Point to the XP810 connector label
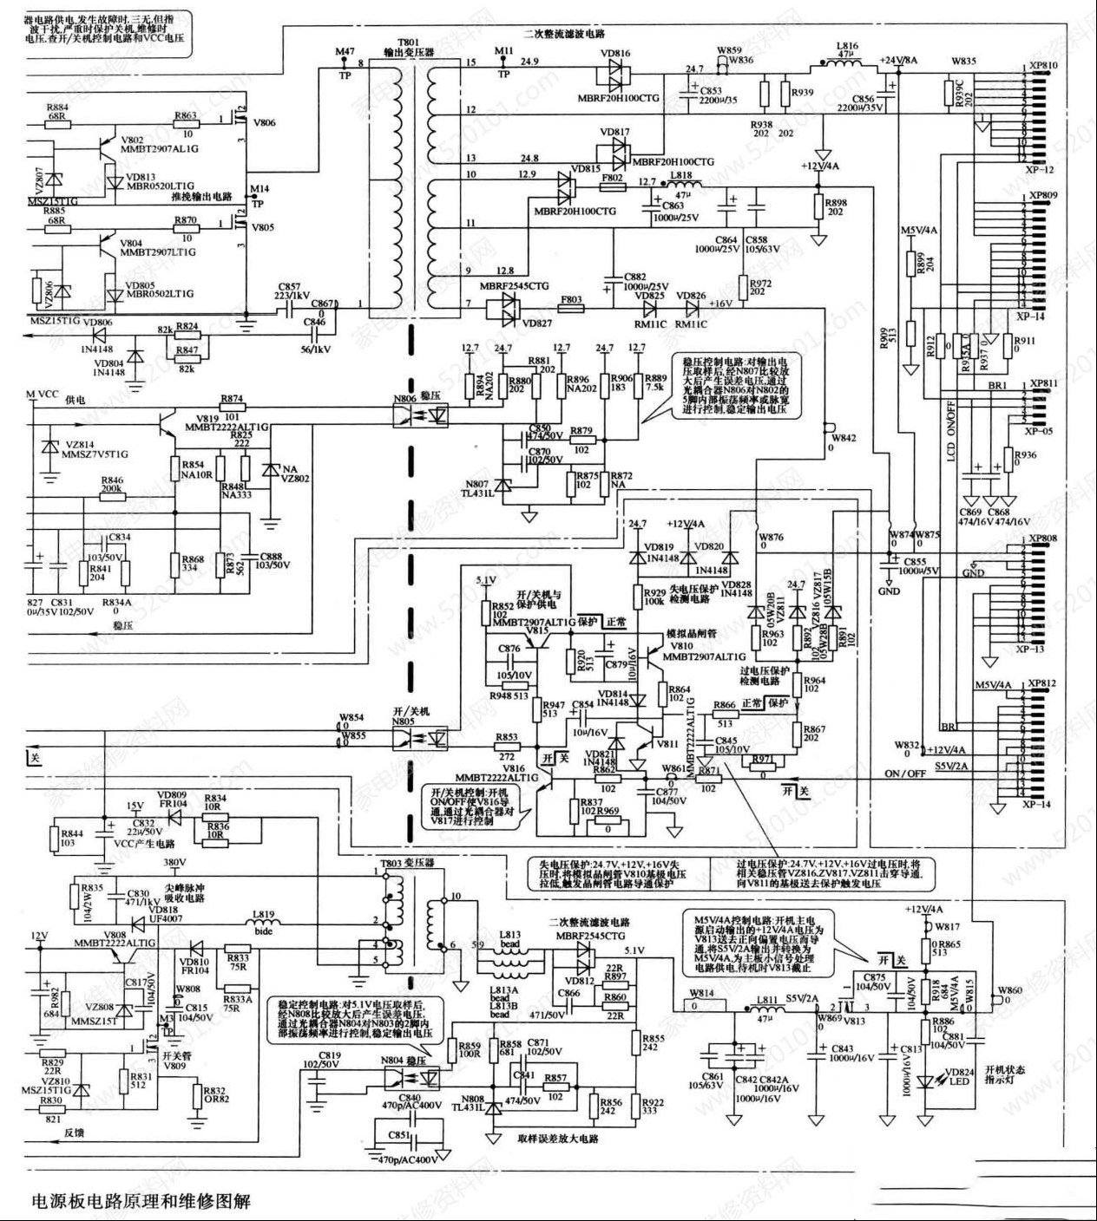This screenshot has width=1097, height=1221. pos(1042,66)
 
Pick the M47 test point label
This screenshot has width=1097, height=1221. pos(345,52)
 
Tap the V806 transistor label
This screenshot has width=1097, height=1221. pos(264,123)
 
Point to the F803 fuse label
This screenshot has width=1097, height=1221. pos(571,299)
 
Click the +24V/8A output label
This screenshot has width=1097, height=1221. pos(899,60)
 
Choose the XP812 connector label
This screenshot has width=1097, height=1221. pos(1042,684)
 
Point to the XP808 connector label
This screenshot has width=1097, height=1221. pos(1042,539)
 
